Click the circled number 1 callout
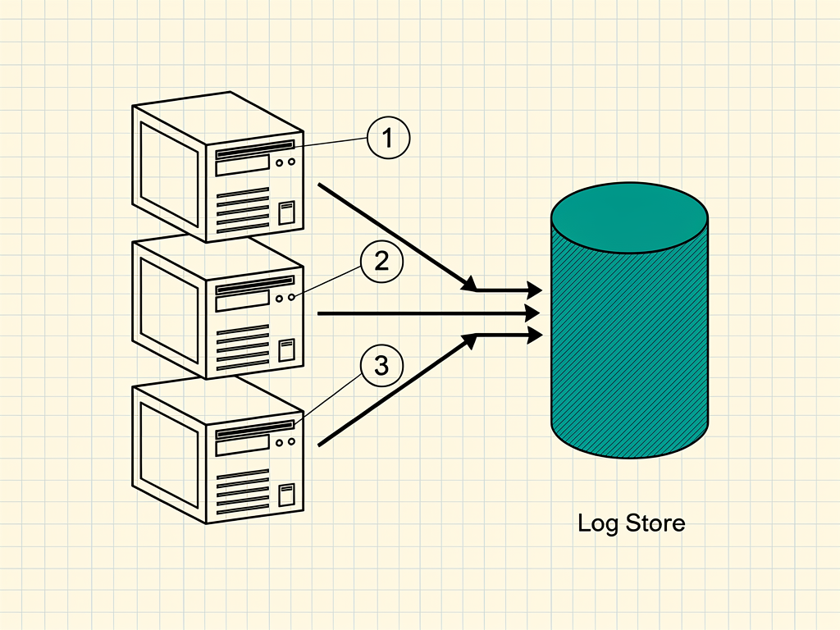point(388,138)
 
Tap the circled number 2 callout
point(381,261)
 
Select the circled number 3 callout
point(381,365)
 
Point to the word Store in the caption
point(655,523)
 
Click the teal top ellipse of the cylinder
point(630,217)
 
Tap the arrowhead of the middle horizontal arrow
point(532,313)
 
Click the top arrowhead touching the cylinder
point(535,290)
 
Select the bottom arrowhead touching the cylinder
point(535,336)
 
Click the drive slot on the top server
point(255,149)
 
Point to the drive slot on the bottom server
point(255,430)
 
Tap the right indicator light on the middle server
point(291,297)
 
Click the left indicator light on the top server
point(279,163)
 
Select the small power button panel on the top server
point(286,212)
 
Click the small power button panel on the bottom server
point(286,495)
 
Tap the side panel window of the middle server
point(169,309)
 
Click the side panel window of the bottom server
point(169,454)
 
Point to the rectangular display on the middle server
point(242,301)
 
